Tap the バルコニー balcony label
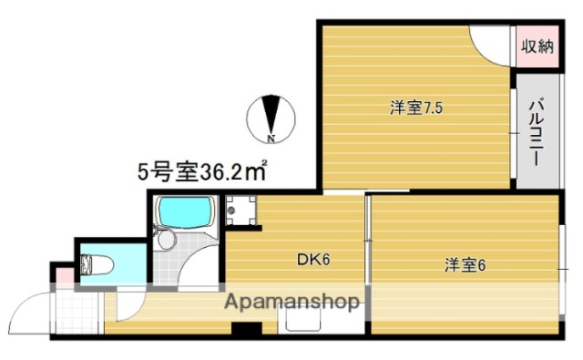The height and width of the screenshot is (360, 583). (x=537, y=130)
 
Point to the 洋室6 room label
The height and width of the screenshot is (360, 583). (x=465, y=266)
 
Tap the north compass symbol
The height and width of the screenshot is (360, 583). (x=271, y=118)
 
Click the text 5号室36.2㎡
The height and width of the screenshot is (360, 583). (x=201, y=170)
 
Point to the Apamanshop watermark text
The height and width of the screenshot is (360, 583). (x=292, y=303)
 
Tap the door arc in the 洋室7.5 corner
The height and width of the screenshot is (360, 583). (x=492, y=43)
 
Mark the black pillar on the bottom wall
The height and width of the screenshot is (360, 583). (x=245, y=330)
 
